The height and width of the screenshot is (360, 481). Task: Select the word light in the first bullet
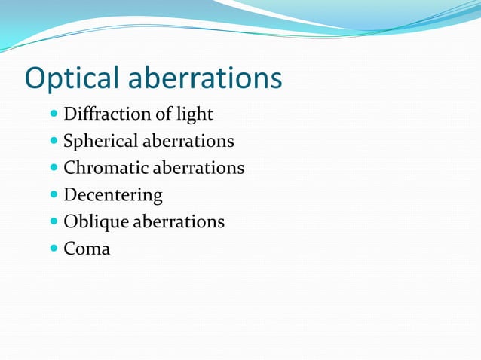click(x=195, y=114)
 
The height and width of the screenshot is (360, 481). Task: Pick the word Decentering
click(x=113, y=195)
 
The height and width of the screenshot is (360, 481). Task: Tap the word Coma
click(x=87, y=249)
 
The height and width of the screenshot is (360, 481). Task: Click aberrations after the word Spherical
click(x=188, y=142)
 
